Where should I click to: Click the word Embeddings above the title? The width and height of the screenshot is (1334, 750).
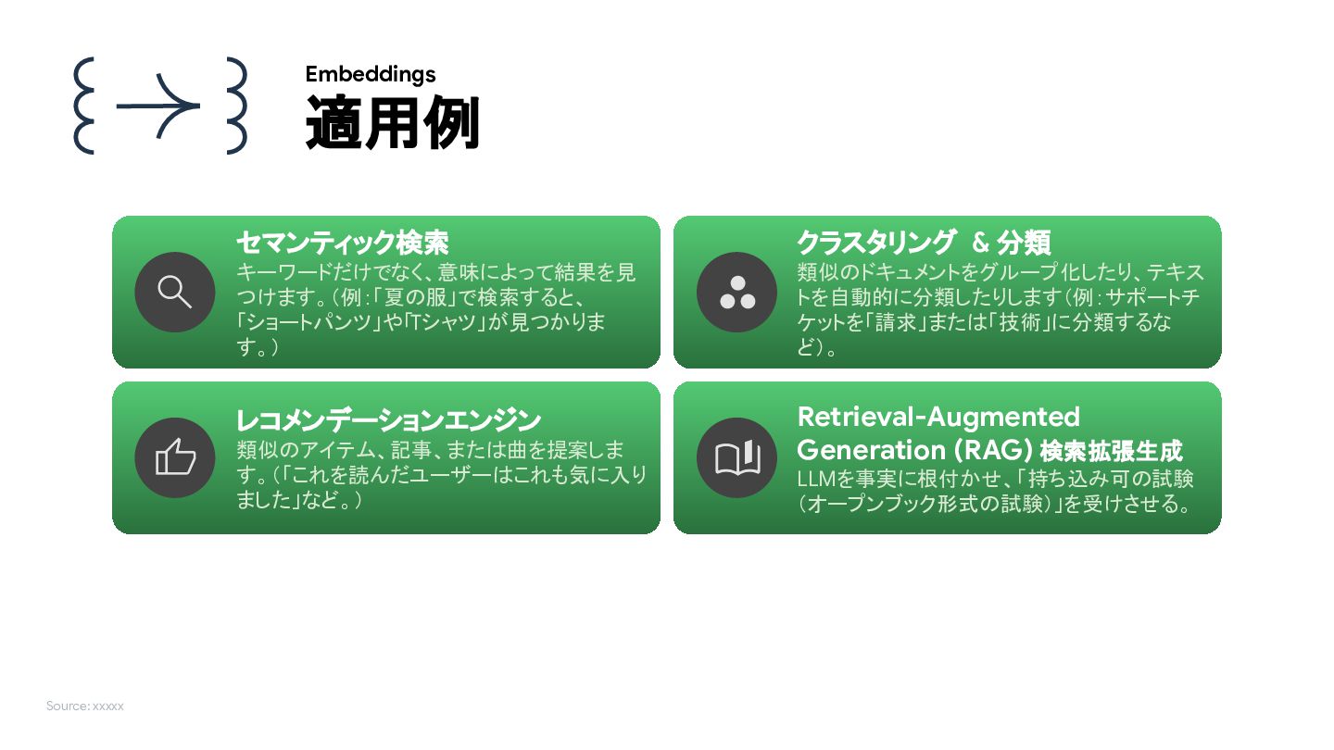tap(371, 74)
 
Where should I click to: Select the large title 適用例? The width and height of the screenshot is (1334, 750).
tap(393, 123)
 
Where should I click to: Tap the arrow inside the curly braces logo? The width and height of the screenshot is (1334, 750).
tap(159, 106)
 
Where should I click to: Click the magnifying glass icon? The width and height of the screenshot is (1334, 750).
tap(175, 292)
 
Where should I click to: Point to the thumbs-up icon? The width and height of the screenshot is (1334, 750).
tap(175, 457)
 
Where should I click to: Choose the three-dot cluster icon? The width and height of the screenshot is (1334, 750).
tap(737, 293)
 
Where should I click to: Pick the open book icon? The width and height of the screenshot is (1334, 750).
tap(737, 457)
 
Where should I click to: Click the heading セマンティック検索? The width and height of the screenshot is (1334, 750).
tap(342, 243)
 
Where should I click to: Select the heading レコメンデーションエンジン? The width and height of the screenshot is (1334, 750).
tap(388, 420)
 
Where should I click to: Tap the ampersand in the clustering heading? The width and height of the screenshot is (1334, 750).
tap(981, 243)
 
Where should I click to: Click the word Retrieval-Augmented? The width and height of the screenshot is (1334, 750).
tap(938, 417)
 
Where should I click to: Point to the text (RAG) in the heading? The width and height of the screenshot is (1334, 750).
tap(990, 450)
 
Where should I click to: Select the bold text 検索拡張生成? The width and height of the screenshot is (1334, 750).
tap(1112, 452)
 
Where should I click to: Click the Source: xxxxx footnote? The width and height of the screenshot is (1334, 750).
tap(85, 706)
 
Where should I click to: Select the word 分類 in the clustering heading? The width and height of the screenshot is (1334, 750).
tap(1024, 243)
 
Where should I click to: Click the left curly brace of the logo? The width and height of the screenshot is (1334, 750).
tap(84, 106)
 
